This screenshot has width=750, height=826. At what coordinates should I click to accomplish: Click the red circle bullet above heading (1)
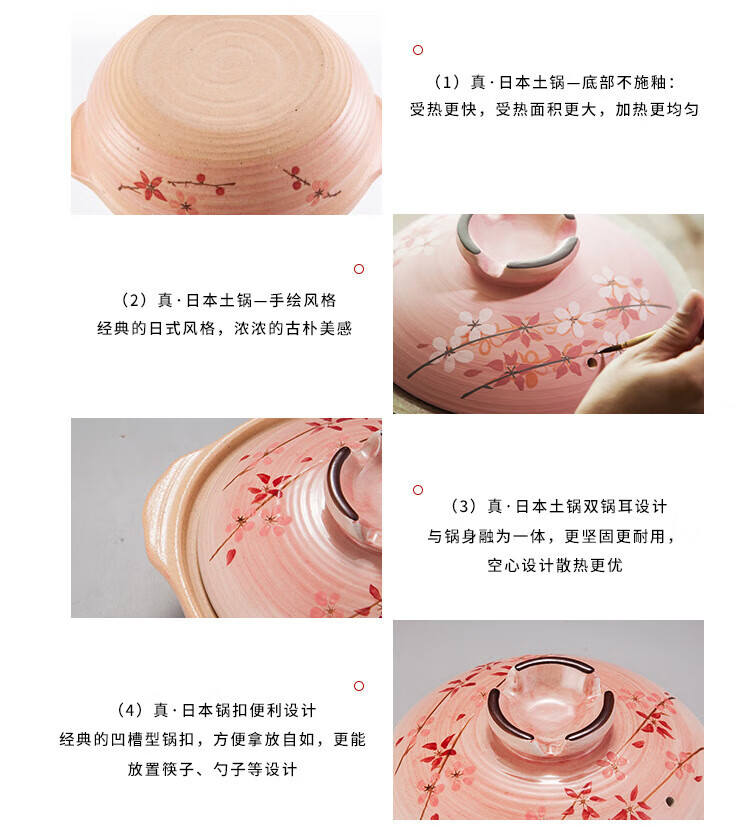pos(418,50)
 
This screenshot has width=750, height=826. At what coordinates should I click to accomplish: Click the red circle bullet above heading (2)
pos(359,269)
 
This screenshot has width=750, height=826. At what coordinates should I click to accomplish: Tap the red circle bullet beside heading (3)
pos(418,490)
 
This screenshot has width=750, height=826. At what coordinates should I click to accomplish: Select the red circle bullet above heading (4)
pos(359,686)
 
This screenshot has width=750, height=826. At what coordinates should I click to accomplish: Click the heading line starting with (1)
pos(555,82)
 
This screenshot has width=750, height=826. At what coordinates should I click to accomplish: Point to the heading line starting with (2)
pos(229,300)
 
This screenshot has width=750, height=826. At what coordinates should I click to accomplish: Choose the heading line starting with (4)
pos(216,710)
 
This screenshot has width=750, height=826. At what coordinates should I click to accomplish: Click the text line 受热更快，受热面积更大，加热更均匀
pos(555,110)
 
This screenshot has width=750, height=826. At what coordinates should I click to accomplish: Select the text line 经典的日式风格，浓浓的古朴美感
pos(224,328)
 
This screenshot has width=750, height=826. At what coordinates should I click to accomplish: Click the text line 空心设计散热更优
pos(555,565)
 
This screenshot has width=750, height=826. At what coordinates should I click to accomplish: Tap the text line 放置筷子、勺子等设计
pos(212,769)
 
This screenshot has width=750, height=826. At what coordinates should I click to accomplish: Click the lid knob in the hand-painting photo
pos(517,244)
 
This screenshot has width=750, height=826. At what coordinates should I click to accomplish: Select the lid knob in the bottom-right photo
pos(551,699)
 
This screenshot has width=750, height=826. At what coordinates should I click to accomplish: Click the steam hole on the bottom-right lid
pos(670,801)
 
